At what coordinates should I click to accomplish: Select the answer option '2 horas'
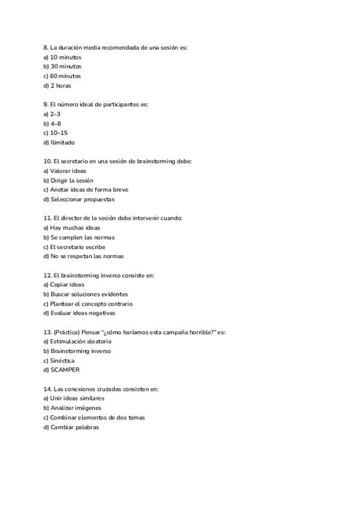(x=60, y=86)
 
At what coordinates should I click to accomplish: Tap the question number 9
(x=46, y=104)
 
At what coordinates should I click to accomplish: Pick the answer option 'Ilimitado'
(x=62, y=143)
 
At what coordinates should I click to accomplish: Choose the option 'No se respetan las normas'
(x=87, y=256)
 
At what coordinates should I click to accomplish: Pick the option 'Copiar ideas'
(x=67, y=285)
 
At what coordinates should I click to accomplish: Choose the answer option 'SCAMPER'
(x=65, y=370)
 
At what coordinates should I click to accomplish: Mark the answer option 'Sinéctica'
(x=62, y=361)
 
